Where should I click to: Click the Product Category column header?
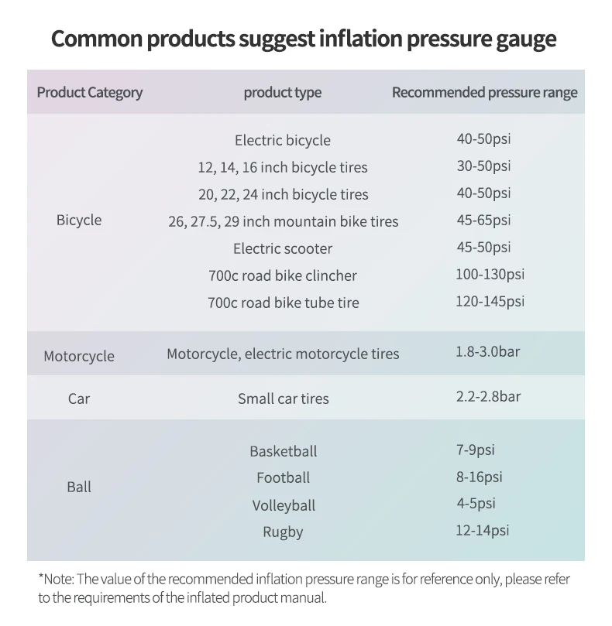point(90,93)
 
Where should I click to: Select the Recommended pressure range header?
point(484,93)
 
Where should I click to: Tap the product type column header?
point(282,93)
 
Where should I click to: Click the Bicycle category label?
point(79,221)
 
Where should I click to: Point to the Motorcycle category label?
point(79,357)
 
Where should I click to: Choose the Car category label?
point(79,399)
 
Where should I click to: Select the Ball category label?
point(79,487)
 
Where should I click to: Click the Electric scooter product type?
point(283,248)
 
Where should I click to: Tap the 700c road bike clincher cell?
point(283,275)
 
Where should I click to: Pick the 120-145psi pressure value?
point(490,301)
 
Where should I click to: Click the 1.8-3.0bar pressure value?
point(488,352)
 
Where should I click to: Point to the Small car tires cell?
point(283,399)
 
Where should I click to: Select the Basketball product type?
point(283,451)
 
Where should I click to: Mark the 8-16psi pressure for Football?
point(480,477)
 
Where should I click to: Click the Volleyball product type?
point(283,505)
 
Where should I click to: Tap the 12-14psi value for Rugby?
point(483,531)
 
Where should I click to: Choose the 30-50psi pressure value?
point(483,166)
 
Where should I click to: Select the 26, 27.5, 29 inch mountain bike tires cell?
point(283,221)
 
